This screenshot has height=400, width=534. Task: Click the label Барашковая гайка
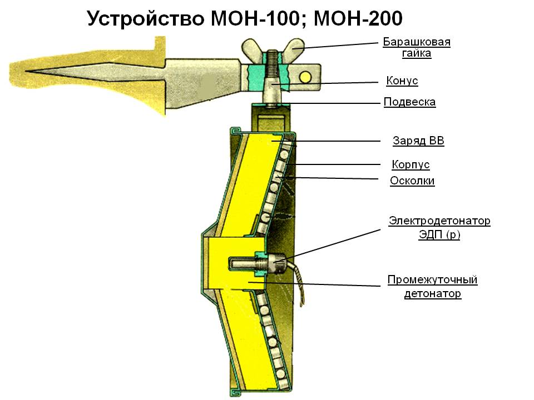coord(416,48)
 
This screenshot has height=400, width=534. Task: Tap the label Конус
coord(402,81)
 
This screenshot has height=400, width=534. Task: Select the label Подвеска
coord(409,102)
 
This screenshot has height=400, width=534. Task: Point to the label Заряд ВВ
coord(418,141)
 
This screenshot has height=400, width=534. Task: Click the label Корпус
coord(411,165)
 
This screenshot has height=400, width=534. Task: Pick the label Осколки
coord(412,181)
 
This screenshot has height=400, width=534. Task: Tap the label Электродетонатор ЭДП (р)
coord(439,228)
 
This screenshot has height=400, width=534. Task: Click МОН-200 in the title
coord(358,18)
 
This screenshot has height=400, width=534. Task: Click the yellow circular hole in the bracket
coord(305,76)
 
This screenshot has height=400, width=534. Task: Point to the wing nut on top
coord(273,48)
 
